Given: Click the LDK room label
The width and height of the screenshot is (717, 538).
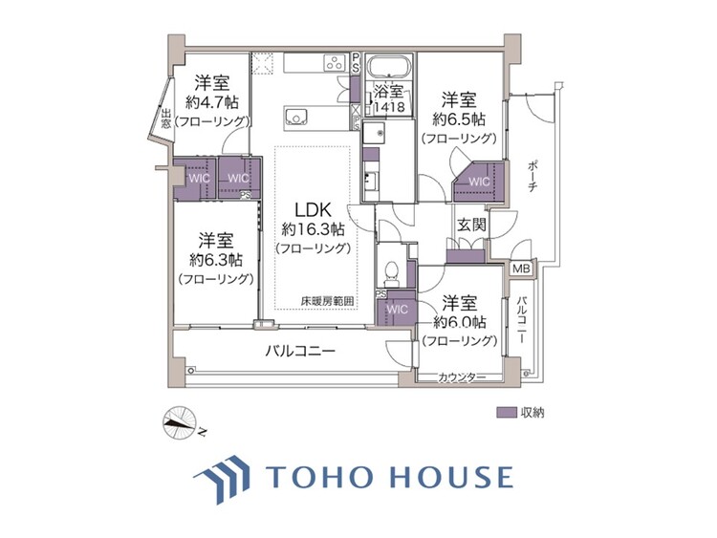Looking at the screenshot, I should pos(313,210).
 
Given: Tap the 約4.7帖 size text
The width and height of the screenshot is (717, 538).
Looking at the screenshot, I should pos(212,101).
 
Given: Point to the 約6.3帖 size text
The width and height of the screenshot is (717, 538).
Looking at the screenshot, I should pos(214,260).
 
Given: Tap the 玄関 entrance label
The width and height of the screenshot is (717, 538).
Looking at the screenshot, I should pos(471,225).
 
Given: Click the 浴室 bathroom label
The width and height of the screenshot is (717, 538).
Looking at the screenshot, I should pos(389,93).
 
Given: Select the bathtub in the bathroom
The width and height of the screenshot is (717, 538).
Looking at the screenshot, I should pos(389,68).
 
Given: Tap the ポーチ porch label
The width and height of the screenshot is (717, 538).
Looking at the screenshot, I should pos(532,174).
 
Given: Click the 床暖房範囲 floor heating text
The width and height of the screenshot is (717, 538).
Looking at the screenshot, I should pos(327,302).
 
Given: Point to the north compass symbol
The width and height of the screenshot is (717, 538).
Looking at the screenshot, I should pos(178,422).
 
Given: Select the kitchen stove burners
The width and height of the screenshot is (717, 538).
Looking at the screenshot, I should pos(335,63).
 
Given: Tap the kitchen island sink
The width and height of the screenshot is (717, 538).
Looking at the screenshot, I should pos(296,119).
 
